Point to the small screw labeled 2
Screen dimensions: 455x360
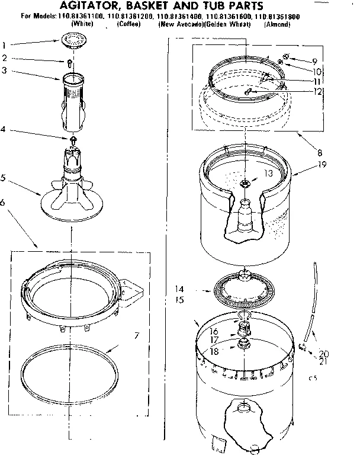pos(70,61)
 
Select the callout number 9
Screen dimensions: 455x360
pos(315,61)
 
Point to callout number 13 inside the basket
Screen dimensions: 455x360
pos(268,173)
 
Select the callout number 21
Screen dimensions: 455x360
pos(323,361)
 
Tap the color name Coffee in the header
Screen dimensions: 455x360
pos(128,24)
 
